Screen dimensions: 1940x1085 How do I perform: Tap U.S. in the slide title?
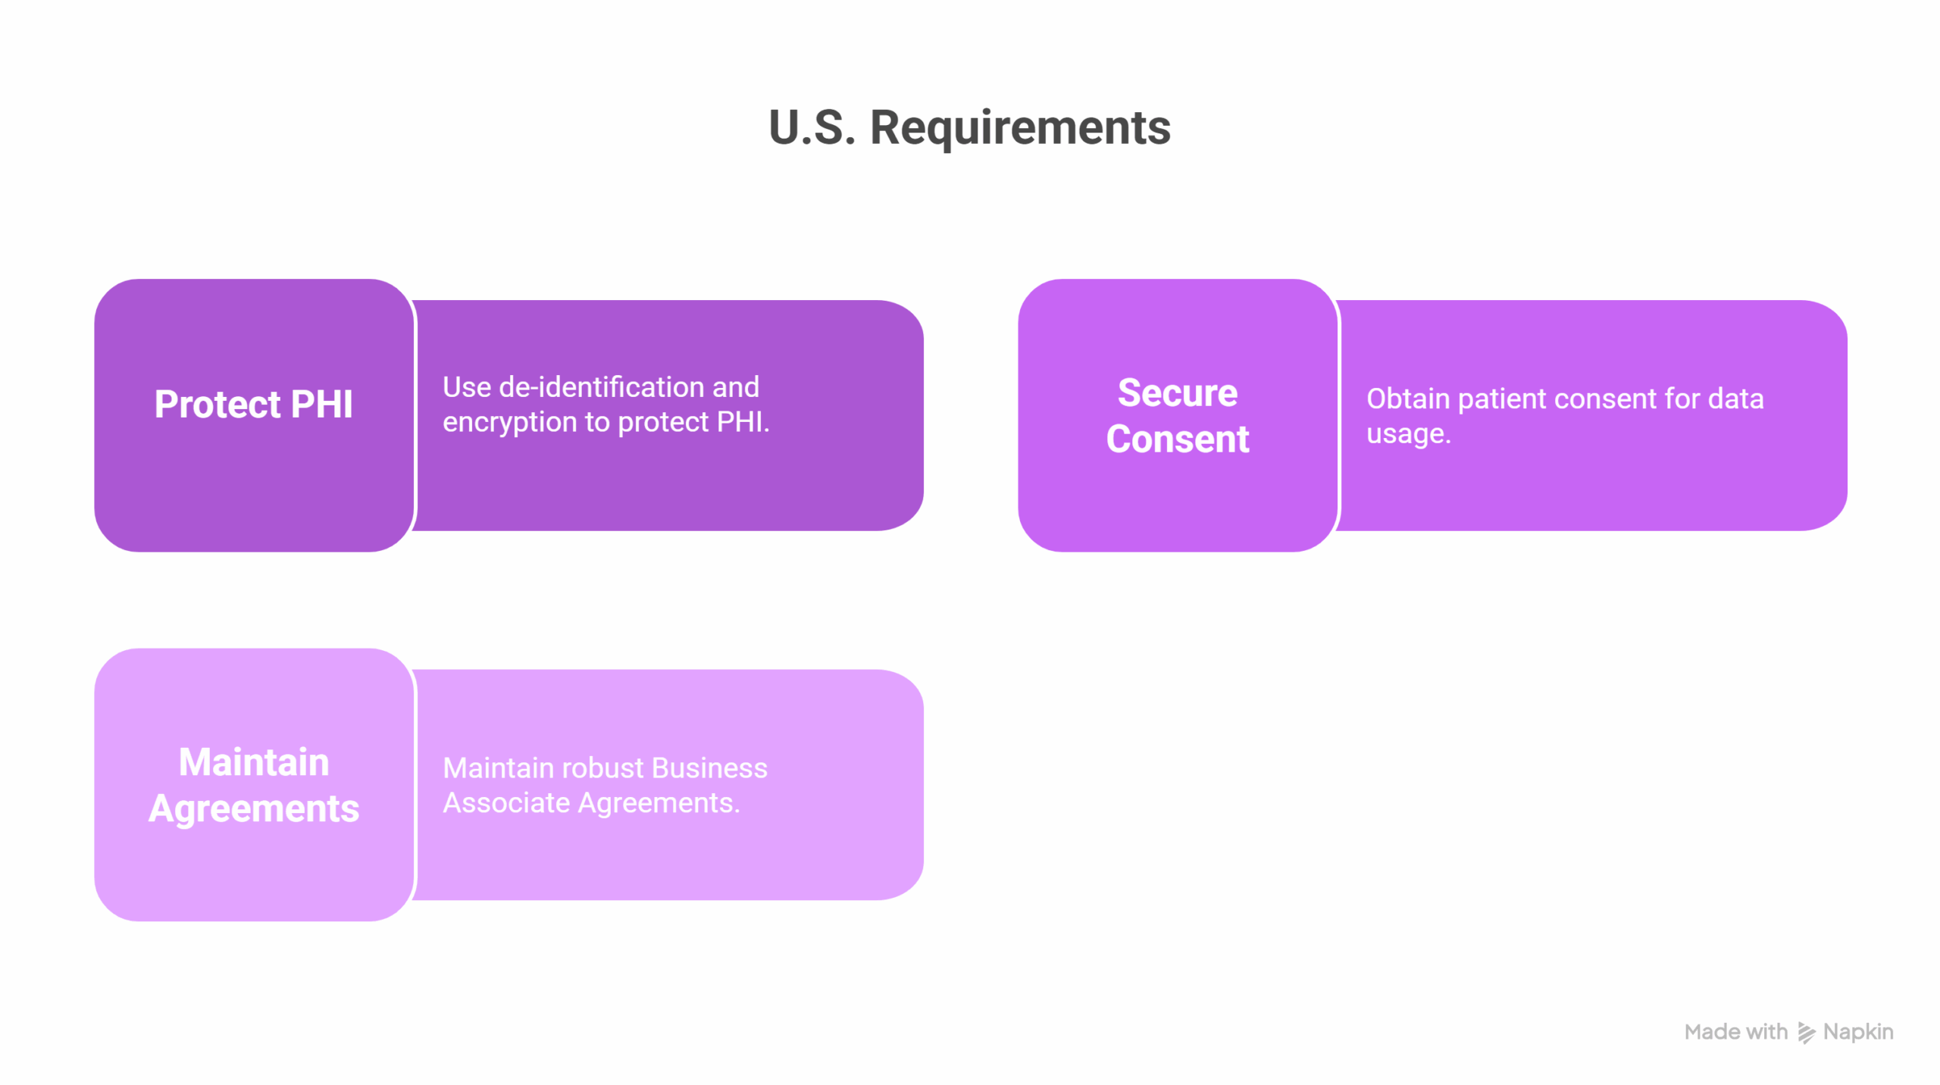pos(812,127)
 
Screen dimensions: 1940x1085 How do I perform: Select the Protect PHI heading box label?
pos(254,404)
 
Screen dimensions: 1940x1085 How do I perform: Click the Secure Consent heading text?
pos(1178,415)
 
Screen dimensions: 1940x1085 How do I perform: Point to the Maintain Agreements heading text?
pos(254,784)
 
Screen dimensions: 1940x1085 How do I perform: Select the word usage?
pos(1408,435)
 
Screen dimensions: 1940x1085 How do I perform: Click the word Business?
pos(709,768)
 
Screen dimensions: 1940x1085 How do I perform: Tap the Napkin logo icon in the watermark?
pos(1807,1033)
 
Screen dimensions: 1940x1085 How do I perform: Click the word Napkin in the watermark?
pos(1858,1033)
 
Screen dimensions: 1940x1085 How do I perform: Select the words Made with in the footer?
pos(1735,1032)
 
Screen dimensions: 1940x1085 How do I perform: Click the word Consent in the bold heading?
pos(1178,439)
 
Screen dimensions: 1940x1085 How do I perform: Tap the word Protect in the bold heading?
pos(217,404)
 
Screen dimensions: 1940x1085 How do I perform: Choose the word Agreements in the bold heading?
pos(254,809)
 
